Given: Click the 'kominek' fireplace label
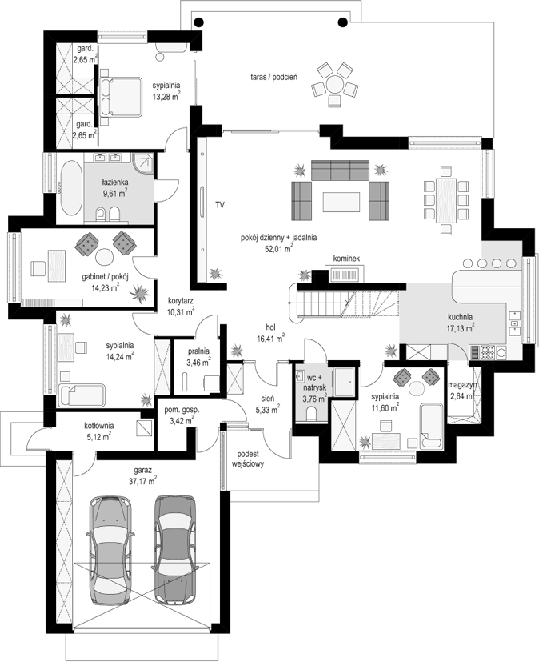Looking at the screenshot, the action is (x=346, y=259).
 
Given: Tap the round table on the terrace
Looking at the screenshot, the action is (x=335, y=83).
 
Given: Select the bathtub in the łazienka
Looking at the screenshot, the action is (x=71, y=188).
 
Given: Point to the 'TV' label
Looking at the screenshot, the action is (x=220, y=205).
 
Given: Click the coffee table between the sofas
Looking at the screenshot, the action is (x=341, y=202).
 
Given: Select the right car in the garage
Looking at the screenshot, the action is (x=174, y=548).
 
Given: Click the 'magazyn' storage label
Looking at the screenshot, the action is (x=462, y=384).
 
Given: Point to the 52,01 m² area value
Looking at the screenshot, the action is (x=279, y=248).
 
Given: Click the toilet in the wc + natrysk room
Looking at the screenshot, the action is (x=312, y=413).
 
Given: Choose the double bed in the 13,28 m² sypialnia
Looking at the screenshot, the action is (x=120, y=96).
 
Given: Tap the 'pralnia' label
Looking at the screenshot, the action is (x=198, y=351).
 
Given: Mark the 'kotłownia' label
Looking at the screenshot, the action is (x=98, y=426).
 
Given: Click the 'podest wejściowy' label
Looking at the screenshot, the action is (x=248, y=459).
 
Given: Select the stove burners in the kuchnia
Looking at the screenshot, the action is (x=488, y=351).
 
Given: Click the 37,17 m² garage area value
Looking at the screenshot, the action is (x=142, y=480).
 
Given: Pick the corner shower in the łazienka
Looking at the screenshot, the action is (x=143, y=162).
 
